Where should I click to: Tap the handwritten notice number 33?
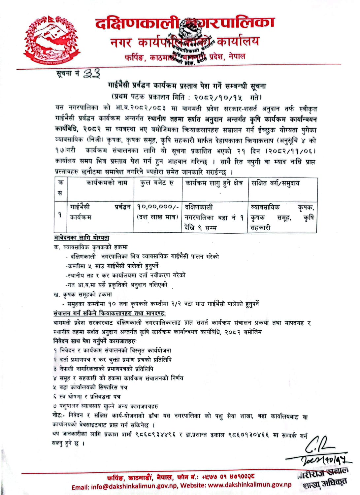pos(91,73)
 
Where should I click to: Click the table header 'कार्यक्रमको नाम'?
pos(107,183)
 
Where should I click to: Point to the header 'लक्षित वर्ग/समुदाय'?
pos(276,183)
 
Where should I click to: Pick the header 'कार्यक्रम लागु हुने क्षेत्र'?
pos(214,183)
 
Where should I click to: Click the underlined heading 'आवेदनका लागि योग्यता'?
pos(82,238)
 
